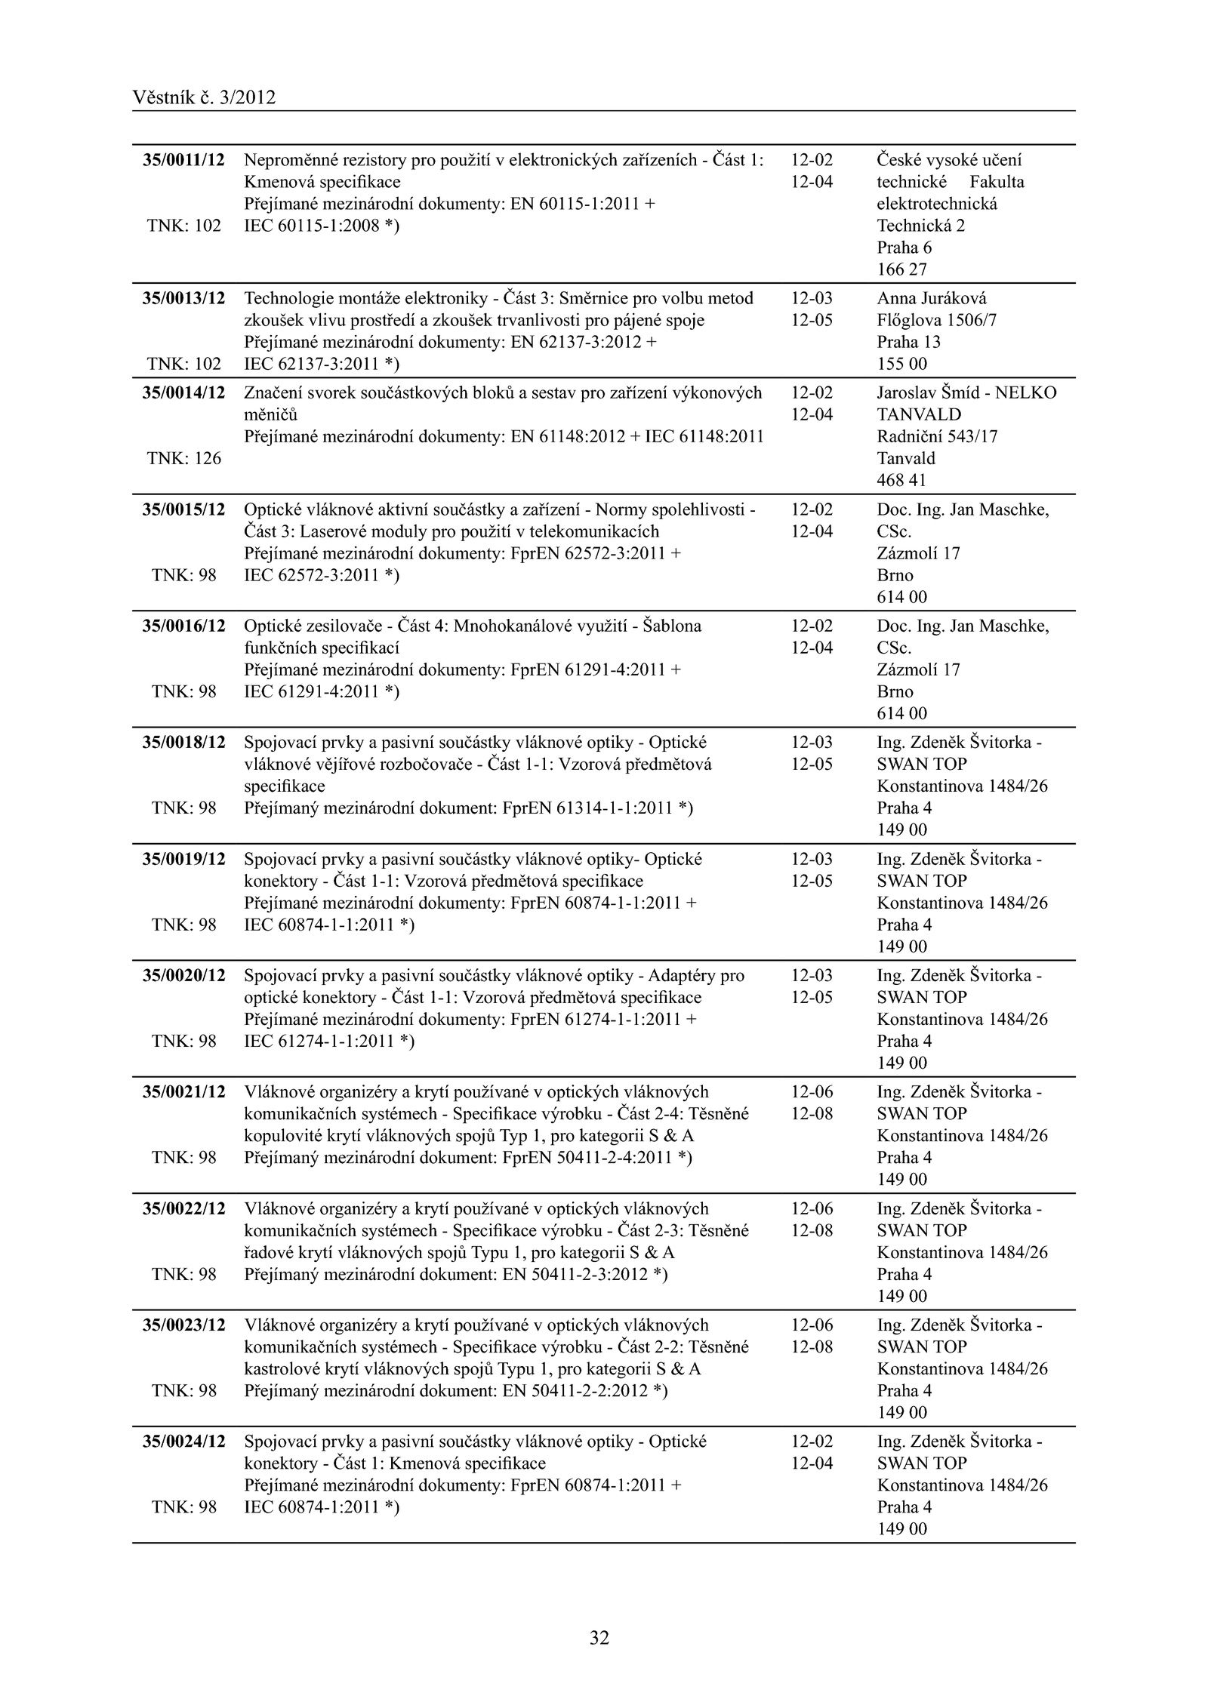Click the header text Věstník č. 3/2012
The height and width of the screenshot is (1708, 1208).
(204, 97)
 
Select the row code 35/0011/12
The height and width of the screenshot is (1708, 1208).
(183, 160)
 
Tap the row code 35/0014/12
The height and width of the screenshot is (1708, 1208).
(183, 392)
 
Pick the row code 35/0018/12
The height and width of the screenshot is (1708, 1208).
(183, 742)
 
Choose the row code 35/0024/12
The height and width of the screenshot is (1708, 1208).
(183, 1441)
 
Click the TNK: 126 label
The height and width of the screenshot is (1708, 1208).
(183, 458)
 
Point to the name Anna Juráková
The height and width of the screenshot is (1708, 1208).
(932, 298)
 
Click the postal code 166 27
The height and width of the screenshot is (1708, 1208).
(901, 269)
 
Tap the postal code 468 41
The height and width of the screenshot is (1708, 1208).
(901, 480)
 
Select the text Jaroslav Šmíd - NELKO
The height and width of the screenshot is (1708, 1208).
(966, 392)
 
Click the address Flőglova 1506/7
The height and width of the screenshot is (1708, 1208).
(937, 320)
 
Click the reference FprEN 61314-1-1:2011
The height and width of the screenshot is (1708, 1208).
(587, 808)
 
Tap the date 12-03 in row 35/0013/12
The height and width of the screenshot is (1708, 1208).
(812, 298)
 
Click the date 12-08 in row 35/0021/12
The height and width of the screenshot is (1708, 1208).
(812, 1113)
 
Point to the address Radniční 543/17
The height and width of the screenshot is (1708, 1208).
(937, 436)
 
